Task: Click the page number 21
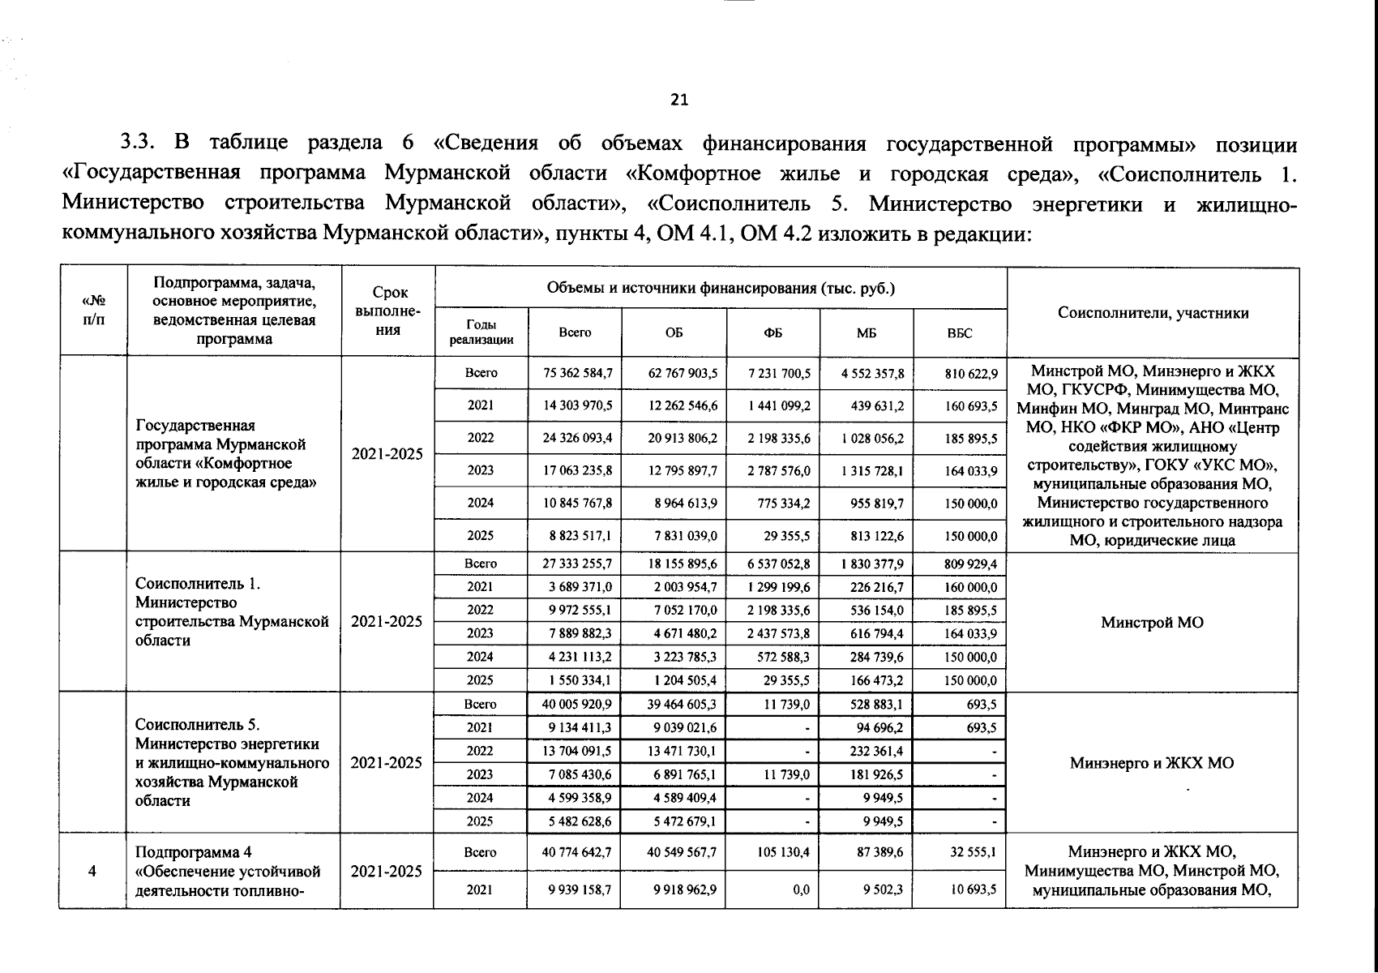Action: point(679,100)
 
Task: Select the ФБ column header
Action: point(773,332)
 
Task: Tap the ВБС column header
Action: point(959,332)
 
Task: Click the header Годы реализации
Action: point(481,332)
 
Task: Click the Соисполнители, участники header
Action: point(1153,313)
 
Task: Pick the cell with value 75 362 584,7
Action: point(577,374)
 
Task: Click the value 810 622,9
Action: point(971,374)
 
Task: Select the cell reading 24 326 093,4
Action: point(577,439)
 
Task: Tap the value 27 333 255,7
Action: point(577,564)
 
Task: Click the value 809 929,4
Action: point(971,564)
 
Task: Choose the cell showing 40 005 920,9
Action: point(577,705)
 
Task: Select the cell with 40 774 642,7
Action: point(577,853)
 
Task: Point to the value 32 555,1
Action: point(974,853)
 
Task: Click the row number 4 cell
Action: point(92,871)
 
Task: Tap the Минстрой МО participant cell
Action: point(1152,622)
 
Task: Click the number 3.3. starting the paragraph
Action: point(138,144)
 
